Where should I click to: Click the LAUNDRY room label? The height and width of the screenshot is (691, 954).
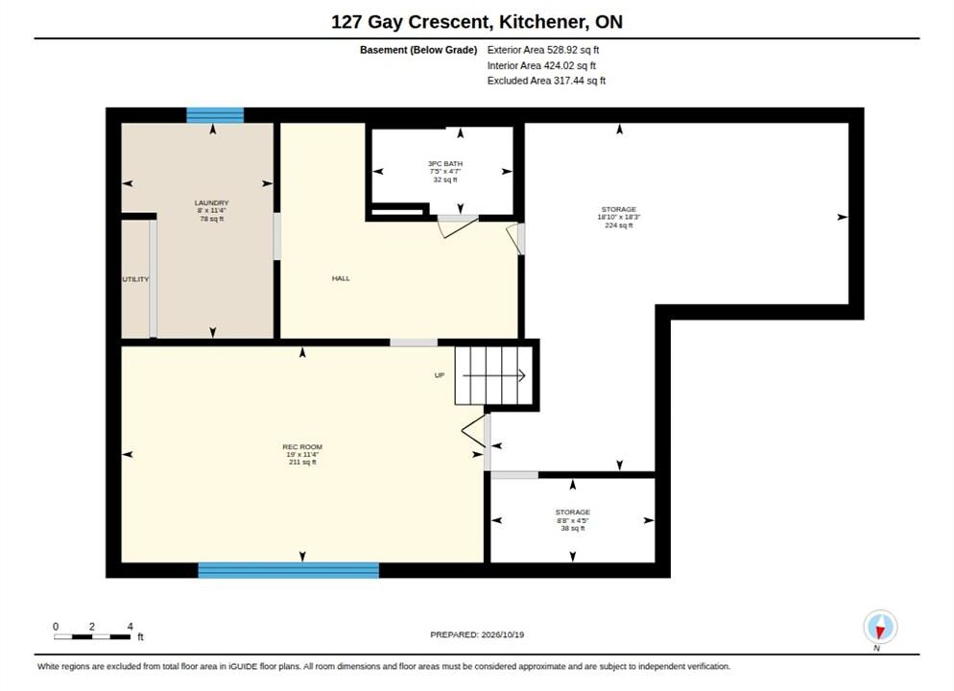click(x=212, y=203)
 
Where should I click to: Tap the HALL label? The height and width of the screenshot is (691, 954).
click(x=341, y=278)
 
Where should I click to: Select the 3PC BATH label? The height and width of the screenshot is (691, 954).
click(x=445, y=163)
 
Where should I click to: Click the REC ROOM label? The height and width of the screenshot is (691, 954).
click(x=302, y=446)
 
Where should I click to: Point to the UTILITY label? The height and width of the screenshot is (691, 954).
click(x=135, y=279)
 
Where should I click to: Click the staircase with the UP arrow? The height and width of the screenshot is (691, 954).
click(x=494, y=376)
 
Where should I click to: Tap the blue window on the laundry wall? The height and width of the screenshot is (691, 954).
click(x=215, y=115)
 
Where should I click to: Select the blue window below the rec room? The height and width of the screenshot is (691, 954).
click(x=288, y=570)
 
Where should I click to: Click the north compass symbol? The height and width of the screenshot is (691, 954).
click(x=880, y=627)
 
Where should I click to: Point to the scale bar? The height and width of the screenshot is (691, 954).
click(x=92, y=637)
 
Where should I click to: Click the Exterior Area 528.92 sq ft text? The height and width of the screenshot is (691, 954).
click(x=542, y=50)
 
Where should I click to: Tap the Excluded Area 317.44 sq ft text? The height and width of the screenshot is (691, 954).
click(x=546, y=81)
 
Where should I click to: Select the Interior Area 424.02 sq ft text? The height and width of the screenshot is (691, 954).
click(x=541, y=65)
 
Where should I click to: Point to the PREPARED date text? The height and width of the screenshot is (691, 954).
click(x=477, y=634)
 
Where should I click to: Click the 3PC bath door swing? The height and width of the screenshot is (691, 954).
click(x=458, y=226)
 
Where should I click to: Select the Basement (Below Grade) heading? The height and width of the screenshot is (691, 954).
click(x=418, y=50)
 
